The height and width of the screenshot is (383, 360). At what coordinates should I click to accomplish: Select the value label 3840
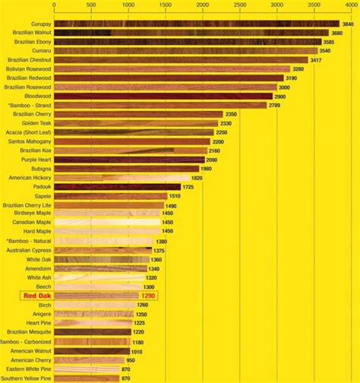pos(348,24)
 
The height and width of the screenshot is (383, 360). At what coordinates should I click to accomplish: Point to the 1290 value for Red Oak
pos(149,295)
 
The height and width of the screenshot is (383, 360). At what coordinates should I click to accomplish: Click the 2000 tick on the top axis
pos(202,5)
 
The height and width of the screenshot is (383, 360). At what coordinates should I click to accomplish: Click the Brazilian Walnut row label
pos(32,33)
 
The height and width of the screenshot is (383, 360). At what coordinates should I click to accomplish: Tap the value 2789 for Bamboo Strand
pos(278,105)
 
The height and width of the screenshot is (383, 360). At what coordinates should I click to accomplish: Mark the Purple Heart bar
pos(130,160)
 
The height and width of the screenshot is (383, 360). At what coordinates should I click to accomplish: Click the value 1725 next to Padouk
pos(191,186)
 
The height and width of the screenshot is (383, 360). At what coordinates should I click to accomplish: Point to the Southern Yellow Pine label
pos(29,378)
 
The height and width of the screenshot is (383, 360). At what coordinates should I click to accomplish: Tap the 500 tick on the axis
pos(91,5)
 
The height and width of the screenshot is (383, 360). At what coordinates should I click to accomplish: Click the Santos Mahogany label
pos(32,141)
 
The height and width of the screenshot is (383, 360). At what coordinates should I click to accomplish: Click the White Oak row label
pos(38,259)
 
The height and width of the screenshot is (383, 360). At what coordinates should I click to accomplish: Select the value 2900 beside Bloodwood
pos(279,97)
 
